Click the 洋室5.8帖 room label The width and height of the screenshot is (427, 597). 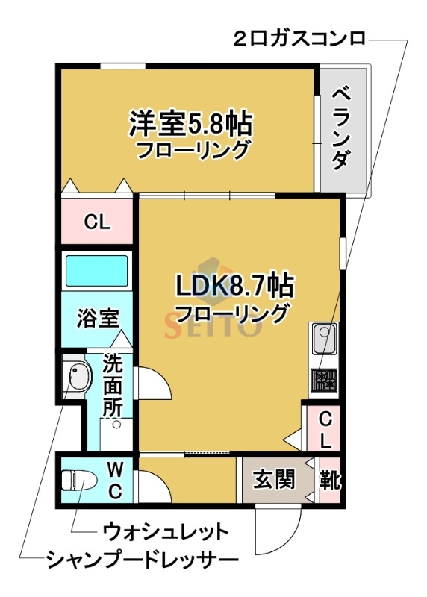point(190,122)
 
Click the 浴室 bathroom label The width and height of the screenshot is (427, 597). point(98,319)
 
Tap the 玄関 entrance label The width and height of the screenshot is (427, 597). point(272,478)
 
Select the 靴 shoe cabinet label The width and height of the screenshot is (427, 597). point(329,478)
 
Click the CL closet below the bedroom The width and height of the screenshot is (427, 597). point(96,222)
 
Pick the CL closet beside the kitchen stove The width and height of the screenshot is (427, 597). point(323,430)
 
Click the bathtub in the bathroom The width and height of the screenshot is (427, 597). point(96,270)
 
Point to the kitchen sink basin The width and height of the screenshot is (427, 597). point(325,342)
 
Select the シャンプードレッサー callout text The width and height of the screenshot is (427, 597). point(141,560)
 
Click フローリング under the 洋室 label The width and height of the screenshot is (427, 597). point(192,150)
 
